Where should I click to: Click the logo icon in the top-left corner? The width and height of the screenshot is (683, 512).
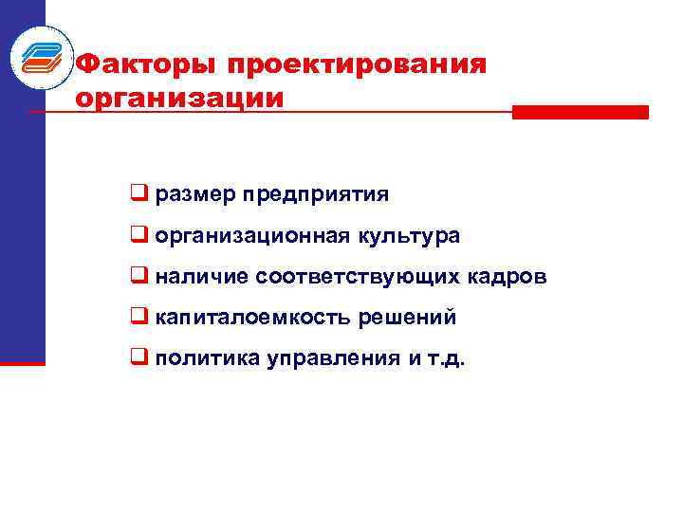point(40,56)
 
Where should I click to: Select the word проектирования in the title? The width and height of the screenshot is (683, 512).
point(356,64)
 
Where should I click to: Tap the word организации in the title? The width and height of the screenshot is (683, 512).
point(179,97)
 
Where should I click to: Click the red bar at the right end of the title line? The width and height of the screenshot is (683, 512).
point(580,112)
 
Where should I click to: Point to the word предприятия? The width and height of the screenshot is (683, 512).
point(315,195)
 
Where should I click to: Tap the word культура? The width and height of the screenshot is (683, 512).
point(408,236)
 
